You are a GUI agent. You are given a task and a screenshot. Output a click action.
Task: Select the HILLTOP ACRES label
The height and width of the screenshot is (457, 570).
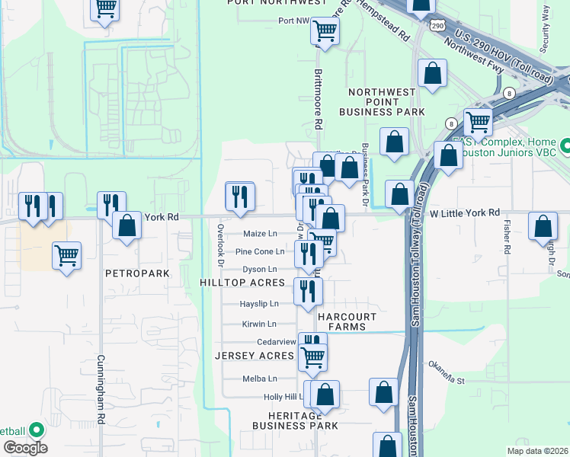click(x=242, y=283)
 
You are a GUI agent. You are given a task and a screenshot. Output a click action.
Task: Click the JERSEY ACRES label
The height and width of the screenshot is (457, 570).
click(x=254, y=356)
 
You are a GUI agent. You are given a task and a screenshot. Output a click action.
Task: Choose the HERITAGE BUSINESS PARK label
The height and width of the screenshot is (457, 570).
click(x=293, y=420)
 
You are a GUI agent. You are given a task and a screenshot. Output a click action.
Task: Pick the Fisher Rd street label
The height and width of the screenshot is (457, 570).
click(x=507, y=238)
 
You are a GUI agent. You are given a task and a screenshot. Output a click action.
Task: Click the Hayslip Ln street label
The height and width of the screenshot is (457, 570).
click(x=259, y=303)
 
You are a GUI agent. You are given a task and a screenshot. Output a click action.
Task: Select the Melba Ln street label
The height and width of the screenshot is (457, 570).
click(x=259, y=379)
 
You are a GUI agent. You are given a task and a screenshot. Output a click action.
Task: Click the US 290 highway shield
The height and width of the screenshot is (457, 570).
click(x=437, y=26)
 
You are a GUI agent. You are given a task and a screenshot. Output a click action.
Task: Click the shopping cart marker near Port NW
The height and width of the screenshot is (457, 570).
click(x=325, y=31)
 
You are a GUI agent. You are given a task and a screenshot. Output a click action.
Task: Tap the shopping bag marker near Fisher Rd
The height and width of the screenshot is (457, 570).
click(x=542, y=226)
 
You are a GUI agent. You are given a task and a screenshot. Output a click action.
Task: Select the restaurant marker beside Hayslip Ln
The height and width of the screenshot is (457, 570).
click(x=307, y=291)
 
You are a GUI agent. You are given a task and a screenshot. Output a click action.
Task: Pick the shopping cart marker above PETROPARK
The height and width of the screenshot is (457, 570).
click(x=66, y=255)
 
